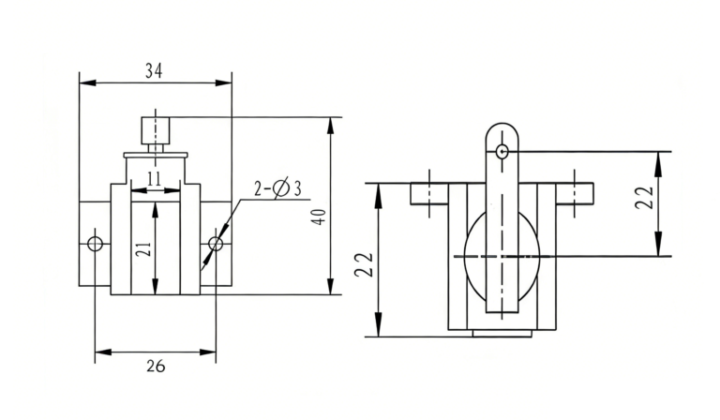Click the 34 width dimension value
pyautogui.click(x=155, y=70)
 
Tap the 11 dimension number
pyautogui.click(x=155, y=177)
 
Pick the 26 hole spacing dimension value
pyautogui.click(x=155, y=367)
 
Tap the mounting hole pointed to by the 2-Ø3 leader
pyautogui.click(x=216, y=244)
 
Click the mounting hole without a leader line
pyautogui.click(x=95, y=244)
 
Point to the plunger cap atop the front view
pyautogui.click(x=155, y=127)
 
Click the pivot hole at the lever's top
pyautogui.click(x=503, y=150)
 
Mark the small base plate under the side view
pyautogui.click(x=503, y=333)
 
